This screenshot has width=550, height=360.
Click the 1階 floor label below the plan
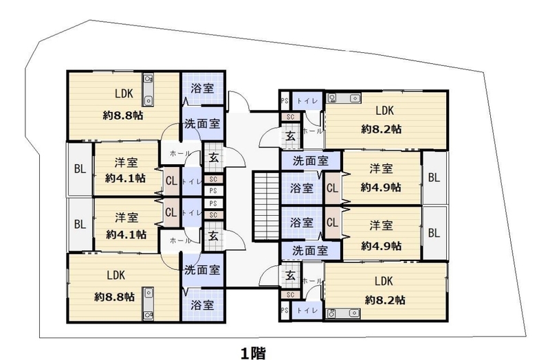(x=253, y=352)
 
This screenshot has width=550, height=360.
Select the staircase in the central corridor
(x=266, y=206)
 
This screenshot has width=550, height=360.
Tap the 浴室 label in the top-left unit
(x=202, y=89)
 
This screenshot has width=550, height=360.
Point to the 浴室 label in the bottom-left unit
(x=202, y=305)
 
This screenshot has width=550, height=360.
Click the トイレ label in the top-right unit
(x=307, y=101)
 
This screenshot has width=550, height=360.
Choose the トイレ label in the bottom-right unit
(x=307, y=311)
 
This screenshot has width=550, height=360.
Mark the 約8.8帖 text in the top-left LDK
(x=123, y=115)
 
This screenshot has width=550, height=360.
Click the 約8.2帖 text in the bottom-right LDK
(x=385, y=300)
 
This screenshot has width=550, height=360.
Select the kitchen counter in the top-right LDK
(x=344, y=98)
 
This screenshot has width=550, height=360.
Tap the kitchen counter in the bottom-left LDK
(x=148, y=304)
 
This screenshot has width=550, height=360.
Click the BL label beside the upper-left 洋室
(x=80, y=169)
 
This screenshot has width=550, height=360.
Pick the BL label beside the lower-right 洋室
(x=434, y=233)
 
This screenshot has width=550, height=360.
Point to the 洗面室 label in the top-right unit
(x=311, y=161)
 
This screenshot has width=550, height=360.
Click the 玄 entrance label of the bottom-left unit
(x=214, y=236)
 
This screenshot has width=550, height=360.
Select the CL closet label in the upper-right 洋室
(x=332, y=188)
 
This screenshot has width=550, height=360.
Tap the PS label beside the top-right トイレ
(x=285, y=100)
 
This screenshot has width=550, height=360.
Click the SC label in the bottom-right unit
(x=290, y=295)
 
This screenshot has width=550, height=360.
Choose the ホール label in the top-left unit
(x=180, y=153)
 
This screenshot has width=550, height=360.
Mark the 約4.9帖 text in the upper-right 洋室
(x=381, y=187)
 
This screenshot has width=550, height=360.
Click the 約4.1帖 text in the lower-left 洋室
(x=126, y=234)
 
